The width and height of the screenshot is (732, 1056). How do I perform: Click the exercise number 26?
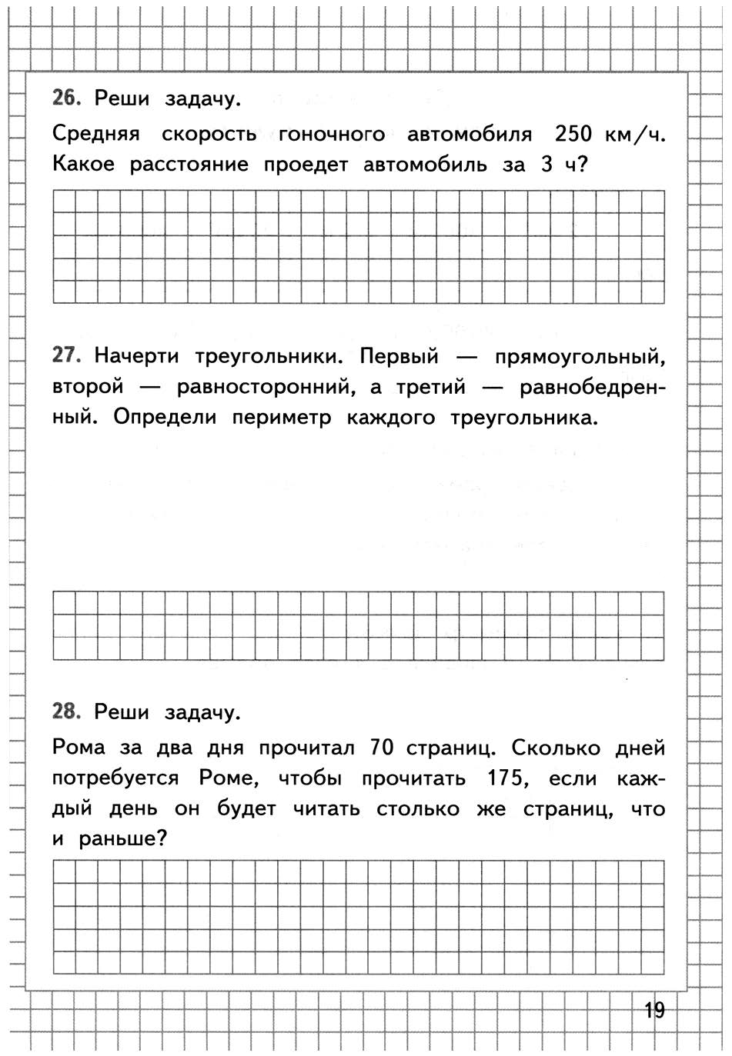point(66,98)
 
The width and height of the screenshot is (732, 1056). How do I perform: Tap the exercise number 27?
point(66,355)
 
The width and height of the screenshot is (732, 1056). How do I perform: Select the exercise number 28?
point(66,711)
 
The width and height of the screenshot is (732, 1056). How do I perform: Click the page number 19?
point(654,1010)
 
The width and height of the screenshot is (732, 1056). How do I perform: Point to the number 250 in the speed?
point(573,134)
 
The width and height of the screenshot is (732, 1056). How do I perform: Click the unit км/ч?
point(634,135)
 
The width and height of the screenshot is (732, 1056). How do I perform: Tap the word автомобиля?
point(469,134)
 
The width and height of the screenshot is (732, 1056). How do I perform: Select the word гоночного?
point(331,134)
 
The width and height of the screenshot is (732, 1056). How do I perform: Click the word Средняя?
point(96,134)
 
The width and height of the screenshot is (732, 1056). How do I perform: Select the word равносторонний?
point(266,388)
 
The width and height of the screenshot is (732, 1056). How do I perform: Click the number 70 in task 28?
point(383,748)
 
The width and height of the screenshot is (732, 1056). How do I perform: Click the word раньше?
point(122,840)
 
